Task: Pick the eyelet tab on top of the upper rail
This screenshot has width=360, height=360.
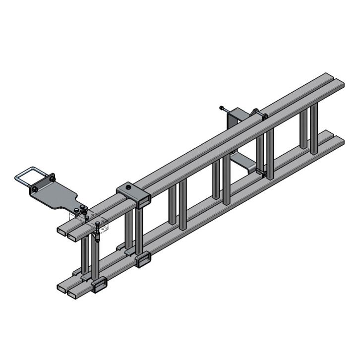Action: coord(258,115)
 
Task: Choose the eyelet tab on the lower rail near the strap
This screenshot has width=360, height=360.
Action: coord(263,173)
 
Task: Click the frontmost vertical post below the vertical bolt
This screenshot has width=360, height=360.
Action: coord(95,260)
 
